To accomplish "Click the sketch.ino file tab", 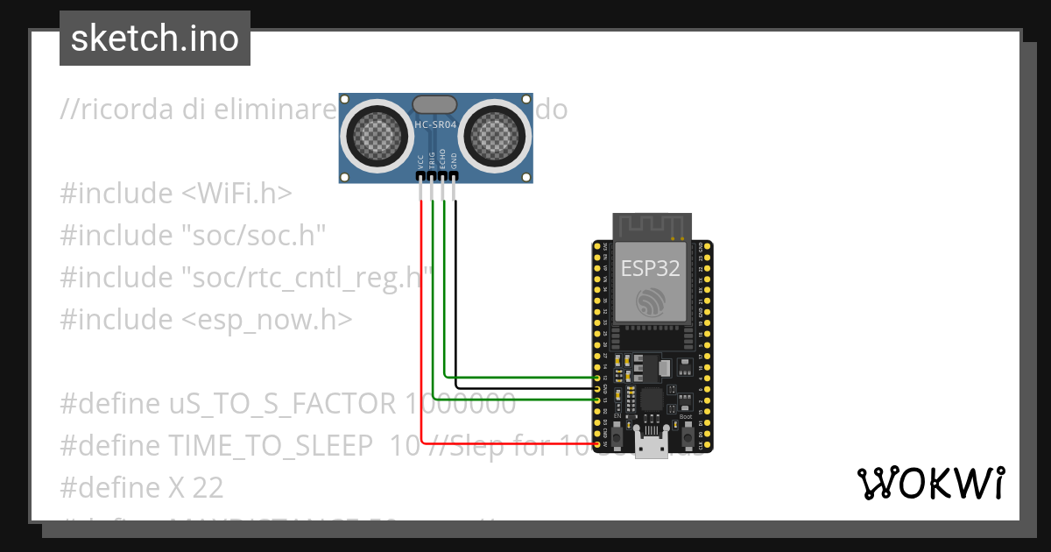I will [154, 39].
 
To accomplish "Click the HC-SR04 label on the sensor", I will [435, 126].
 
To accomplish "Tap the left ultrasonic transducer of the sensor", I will [377, 134].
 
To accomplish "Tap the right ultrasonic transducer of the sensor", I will [496, 134].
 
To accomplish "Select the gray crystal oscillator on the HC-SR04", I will [435, 104].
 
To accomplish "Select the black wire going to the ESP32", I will [525, 386].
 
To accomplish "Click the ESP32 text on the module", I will [650, 268].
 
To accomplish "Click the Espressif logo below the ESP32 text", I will [651, 302].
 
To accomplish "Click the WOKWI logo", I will [930, 483].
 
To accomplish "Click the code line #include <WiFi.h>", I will [176, 193].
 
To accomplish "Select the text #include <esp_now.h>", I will [206, 319].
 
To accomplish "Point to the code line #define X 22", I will [142, 487].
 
